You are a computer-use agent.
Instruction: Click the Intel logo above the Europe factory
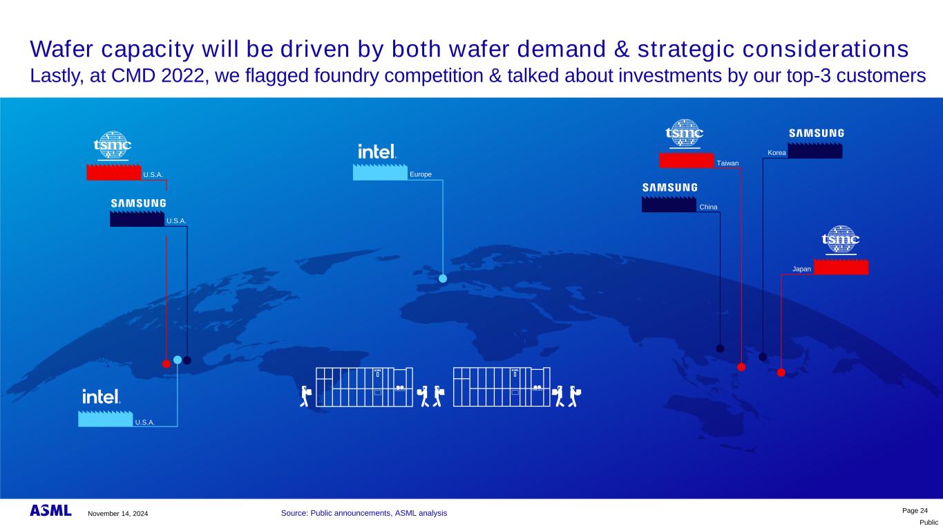point(377,151)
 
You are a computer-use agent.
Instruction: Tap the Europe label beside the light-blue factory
point(421,174)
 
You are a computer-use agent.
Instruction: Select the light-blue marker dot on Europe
point(443,279)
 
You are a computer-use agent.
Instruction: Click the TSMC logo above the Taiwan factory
point(685,133)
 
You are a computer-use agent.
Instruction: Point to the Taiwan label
point(727,163)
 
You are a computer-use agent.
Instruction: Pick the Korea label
point(777,153)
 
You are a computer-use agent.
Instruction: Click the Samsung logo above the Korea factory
point(817,133)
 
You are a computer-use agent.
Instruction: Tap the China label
point(708,207)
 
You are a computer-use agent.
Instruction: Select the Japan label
point(801,269)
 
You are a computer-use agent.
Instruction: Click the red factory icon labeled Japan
point(841,267)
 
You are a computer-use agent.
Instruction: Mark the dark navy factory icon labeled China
point(669,205)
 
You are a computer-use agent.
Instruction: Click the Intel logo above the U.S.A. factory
point(101,397)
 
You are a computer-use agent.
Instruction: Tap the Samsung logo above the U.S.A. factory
point(138,203)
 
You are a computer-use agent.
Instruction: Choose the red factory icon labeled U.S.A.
point(114,172)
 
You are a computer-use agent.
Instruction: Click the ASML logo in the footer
point(50,510)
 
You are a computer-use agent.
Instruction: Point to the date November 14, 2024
point(118,513)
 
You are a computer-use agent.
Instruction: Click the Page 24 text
point(915,510)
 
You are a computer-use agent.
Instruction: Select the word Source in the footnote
point(294,513)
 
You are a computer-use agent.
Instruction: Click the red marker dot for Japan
point(781,373)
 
